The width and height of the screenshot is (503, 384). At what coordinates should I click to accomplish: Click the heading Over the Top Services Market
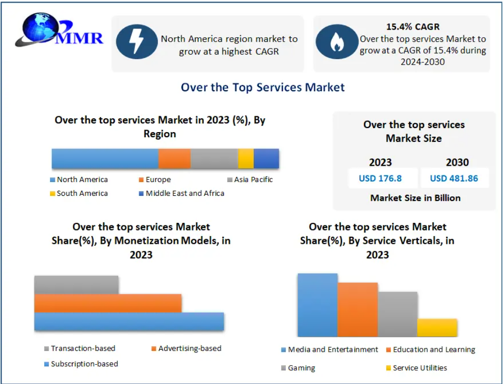(262, 87)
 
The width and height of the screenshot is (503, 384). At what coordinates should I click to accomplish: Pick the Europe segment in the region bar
(174, 159)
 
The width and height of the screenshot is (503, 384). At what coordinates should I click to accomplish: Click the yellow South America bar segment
(246, 159)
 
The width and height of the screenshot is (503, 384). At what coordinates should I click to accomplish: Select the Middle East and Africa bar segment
(267, 159)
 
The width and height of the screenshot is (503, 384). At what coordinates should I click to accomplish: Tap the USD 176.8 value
(380, 178)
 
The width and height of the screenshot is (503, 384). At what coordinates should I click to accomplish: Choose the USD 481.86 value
(454, 178)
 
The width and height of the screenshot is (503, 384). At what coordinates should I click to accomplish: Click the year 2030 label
(457, 163)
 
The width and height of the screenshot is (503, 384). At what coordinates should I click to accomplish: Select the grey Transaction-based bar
(76, 285)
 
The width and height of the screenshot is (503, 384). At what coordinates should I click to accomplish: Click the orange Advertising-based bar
(108, 303)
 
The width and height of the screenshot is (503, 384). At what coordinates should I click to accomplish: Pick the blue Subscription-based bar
(129, 321)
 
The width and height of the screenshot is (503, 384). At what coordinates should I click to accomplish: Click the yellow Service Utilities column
(437, 327)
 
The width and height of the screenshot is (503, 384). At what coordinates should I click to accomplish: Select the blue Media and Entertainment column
(317, 305)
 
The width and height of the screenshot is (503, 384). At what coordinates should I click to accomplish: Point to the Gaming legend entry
(301, 368)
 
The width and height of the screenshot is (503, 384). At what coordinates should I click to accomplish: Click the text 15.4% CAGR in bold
(413, 27)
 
